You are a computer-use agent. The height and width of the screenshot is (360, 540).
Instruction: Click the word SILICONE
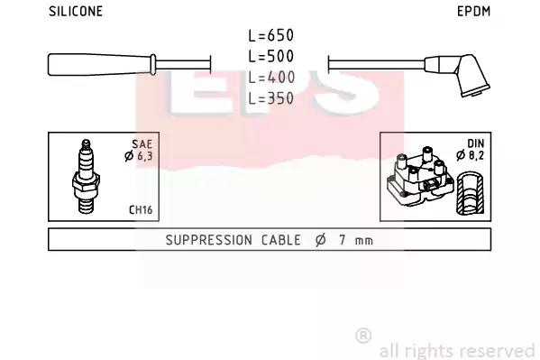[76, 12]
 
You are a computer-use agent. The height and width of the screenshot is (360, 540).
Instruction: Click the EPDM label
[473, 12]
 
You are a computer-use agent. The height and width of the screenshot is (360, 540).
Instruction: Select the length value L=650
[271, 35]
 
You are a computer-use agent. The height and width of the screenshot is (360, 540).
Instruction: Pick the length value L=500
[271, 56]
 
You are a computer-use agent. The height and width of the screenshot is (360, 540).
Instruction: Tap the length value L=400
[271, 78]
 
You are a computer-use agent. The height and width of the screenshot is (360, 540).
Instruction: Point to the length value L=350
[271, 98]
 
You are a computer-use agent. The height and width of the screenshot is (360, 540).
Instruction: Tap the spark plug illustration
[87, 176]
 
